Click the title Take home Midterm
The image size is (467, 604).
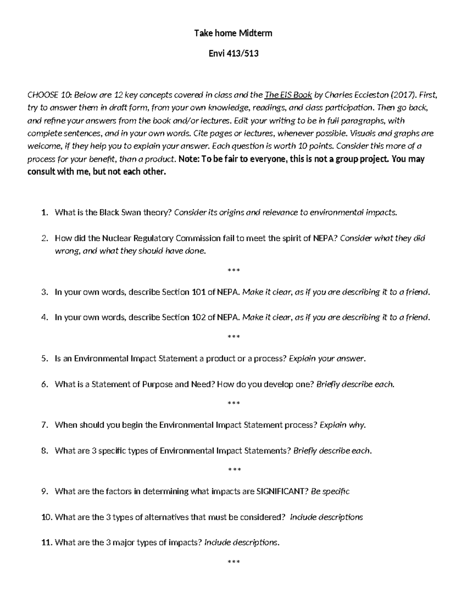pos(233,33)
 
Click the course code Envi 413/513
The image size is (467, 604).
pos(233,54)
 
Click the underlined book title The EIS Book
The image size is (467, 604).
pos(288,95)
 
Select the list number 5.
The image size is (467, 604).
pos(44,359)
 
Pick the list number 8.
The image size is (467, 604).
pos(44,451)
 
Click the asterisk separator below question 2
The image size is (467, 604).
pos(233,270)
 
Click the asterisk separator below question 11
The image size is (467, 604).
pos(233,562)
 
